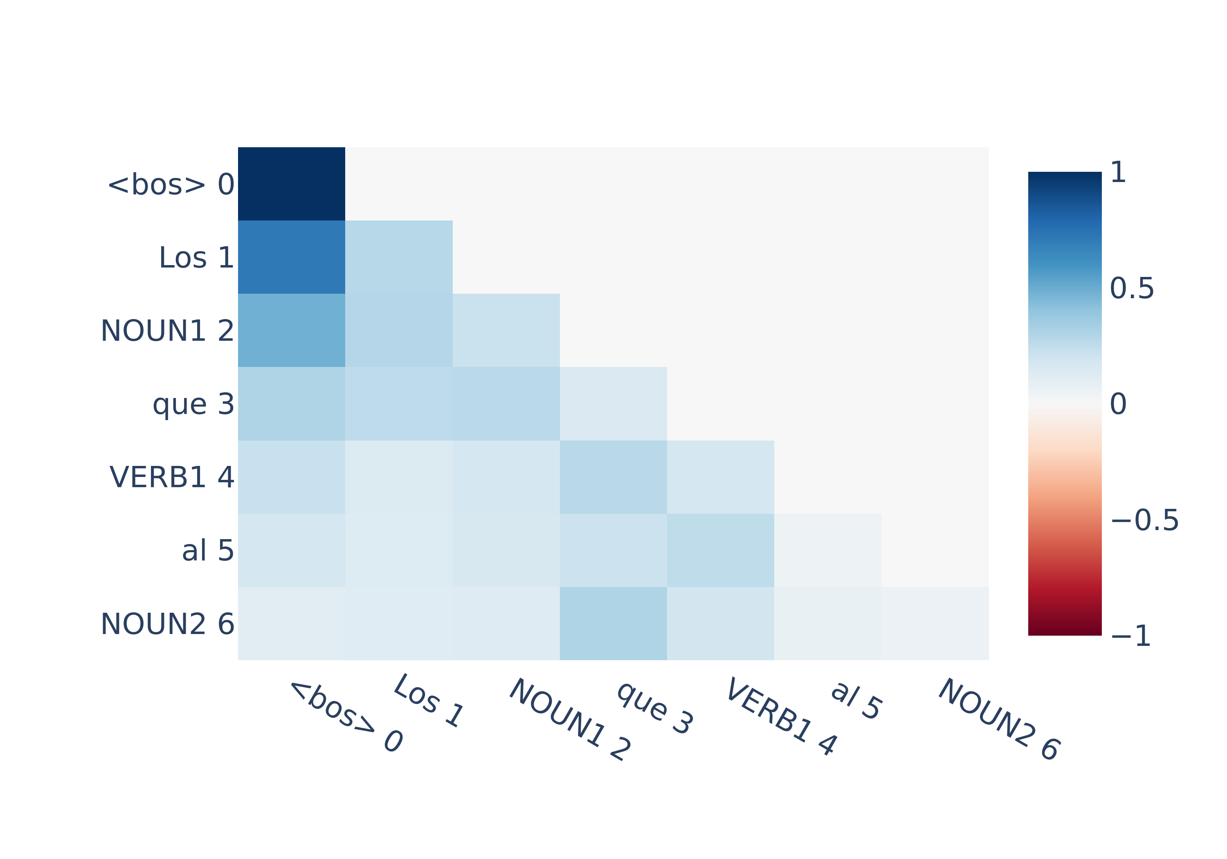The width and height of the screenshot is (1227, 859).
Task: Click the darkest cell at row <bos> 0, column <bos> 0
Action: pos(291,184)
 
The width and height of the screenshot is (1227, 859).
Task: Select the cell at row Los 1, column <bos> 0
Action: pos(291,257)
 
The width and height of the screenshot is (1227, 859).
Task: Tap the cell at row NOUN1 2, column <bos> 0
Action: pos(291,331)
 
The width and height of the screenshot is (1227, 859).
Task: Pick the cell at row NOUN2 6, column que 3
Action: pos(613,624)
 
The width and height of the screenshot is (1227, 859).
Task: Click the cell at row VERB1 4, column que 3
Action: pos(613,477)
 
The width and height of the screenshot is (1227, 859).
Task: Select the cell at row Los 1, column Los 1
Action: pos(399,257)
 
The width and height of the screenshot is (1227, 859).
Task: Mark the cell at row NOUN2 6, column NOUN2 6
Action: pos(935,624)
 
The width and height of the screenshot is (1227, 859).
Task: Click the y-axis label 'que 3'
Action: pos(193,405)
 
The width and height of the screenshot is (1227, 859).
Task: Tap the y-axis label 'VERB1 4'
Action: pos(172,477)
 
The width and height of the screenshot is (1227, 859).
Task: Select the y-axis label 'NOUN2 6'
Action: pos(168,624)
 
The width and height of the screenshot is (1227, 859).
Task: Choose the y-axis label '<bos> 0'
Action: pos(171,184)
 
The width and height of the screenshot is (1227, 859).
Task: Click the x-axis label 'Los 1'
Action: pos(429,700)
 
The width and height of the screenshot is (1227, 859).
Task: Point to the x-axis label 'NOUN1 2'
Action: pos(570,720)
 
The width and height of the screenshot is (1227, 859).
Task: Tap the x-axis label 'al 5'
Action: pos(856,700)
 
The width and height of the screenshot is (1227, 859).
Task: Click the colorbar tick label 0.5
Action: pos(1132,289)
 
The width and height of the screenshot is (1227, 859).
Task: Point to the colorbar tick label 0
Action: pos(1118,404)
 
